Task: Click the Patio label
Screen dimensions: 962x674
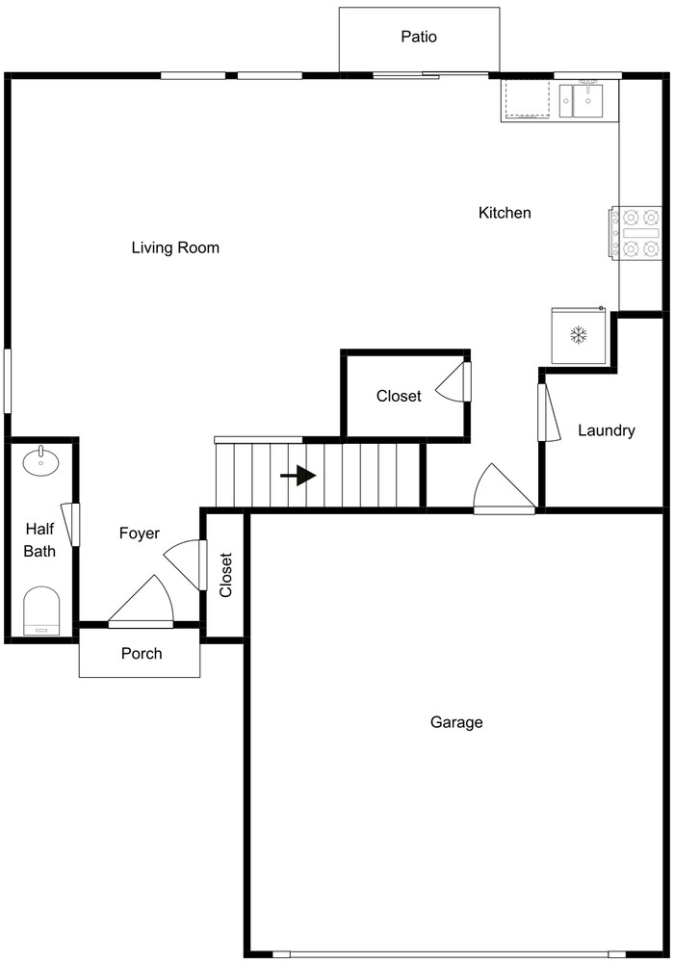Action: pos(419,38)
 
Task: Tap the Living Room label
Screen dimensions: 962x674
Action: pos(175,248)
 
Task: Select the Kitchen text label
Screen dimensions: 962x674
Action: pos(505,213)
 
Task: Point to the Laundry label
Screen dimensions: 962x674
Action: pos(606,430)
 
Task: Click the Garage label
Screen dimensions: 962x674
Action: pos(456,722)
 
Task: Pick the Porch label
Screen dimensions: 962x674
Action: pos(142,654)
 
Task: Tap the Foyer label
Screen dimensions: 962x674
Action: pos(140,533)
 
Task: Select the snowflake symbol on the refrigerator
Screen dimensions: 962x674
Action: pos(579,336)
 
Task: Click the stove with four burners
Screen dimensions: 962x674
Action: pos(635,233)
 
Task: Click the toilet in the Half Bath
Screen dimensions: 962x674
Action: pos(41,611)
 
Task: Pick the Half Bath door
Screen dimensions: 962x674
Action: pos(69,524)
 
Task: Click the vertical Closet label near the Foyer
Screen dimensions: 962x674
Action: pos(226,575)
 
